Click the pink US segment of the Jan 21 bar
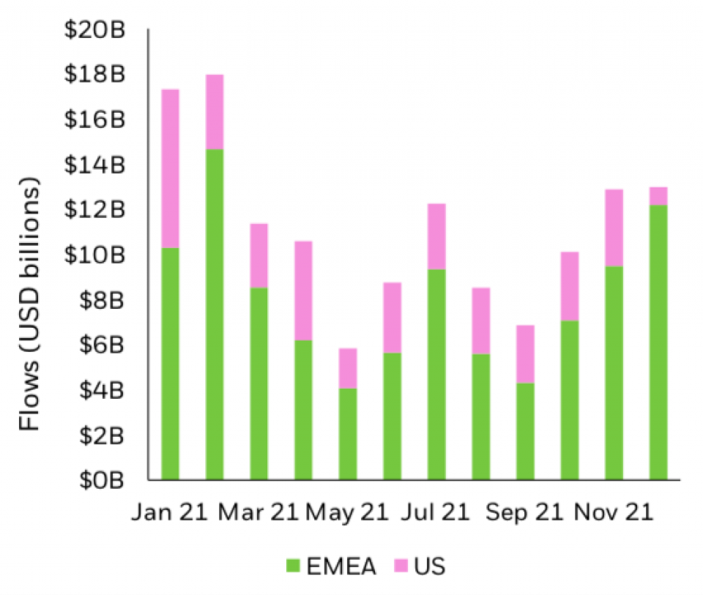[x=170, y=168]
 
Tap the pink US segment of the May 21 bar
[x=348, y=368]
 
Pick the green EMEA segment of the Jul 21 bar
[x=436, y=374]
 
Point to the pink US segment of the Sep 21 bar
[x=525, y=354]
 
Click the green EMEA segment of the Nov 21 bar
[x=614, y=373]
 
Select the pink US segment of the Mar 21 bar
[x=258, y=255]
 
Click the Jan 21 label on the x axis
[x=171, y=513]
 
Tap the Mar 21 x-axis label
[x=258, y=513]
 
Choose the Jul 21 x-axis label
[x=436, y=513]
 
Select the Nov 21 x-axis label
[x=614, y=513]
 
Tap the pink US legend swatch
[x=401, y=565]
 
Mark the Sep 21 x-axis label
[x=525, y=513]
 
